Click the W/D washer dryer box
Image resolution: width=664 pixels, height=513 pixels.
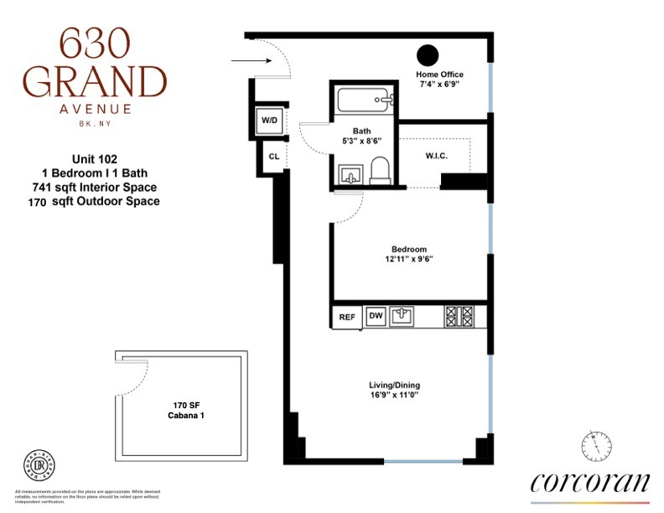pyautogui.click(x=269, y=121)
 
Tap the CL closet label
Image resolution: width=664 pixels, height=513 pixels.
pyautogui.click(x=273, y=156)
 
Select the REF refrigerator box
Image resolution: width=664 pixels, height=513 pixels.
pyautogui.click(x=346, y=317)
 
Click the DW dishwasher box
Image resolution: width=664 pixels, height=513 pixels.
pyautogui.click(x=376, y=316)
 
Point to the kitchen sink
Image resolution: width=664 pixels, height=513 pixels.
pyautogui.click(x=404, y=315)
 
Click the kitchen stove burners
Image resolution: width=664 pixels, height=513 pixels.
pyautogui.click(x=459, y=316)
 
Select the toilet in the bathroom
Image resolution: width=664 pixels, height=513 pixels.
pyautogui.click(x=380, y=170)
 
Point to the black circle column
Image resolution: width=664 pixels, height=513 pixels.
pyautogui.click(x=428, y=55)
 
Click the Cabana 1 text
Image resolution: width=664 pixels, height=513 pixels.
pyautogui.click(x=181, y=413)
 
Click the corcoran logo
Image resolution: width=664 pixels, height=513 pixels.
pyautogui.click(x=590, y=483)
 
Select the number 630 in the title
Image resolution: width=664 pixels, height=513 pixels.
pyautogui.click(x=95, y=42)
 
